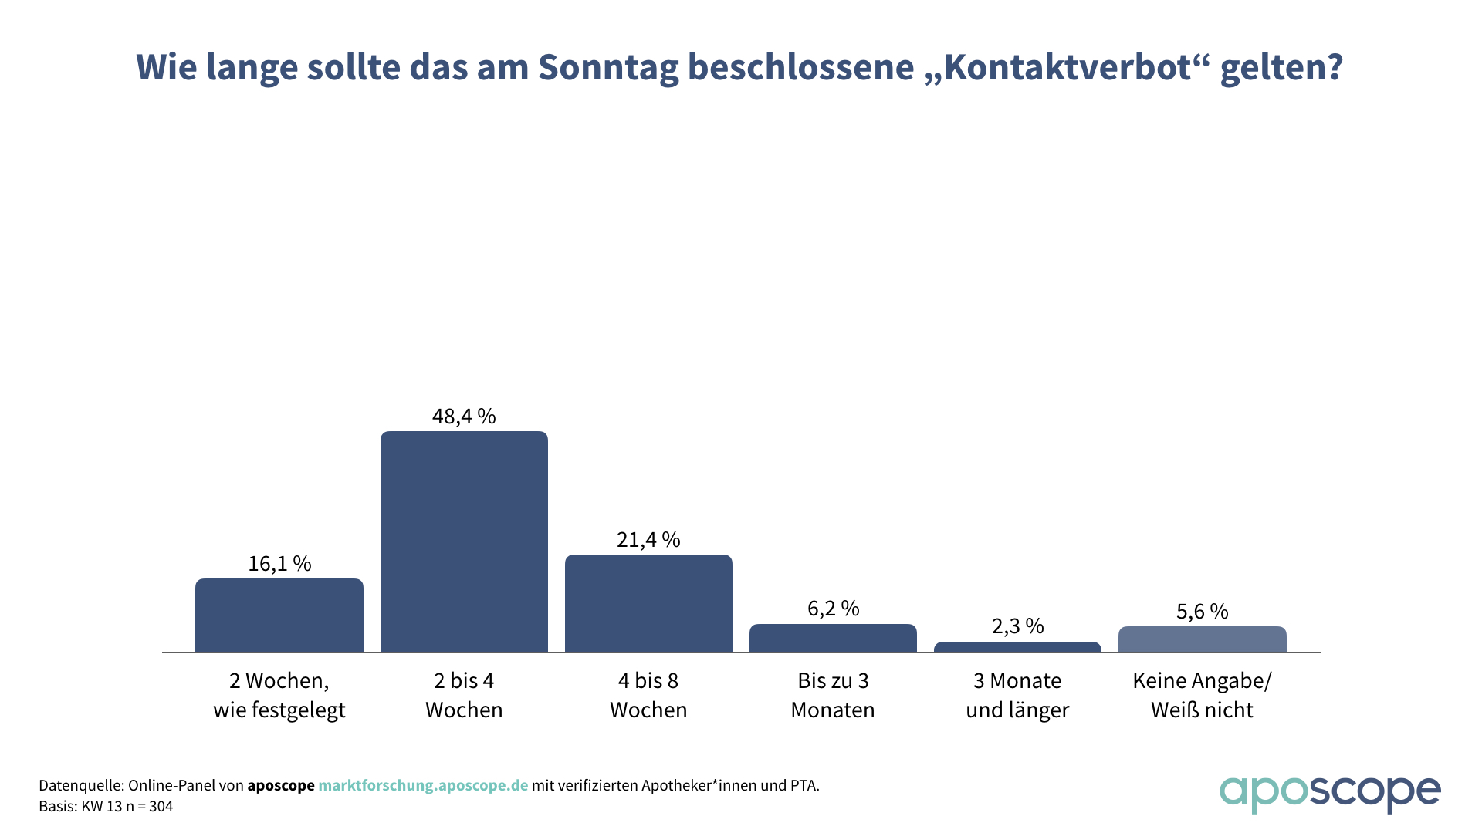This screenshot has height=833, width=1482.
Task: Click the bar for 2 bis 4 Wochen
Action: pos(464,541)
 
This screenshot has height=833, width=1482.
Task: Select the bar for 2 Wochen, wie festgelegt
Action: pos(279,615)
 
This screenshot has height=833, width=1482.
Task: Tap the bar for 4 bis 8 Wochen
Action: pos(648,603)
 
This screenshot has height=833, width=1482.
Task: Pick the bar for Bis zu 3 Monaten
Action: pos(833,638)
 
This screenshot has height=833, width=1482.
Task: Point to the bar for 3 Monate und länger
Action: pos(1017,647)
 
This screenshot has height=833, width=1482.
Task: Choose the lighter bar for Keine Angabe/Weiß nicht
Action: pos(1202,639)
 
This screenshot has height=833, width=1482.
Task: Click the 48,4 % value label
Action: pos(464,416)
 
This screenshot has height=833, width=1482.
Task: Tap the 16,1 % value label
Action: pos(279,564)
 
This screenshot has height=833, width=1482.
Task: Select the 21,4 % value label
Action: pos(648,540)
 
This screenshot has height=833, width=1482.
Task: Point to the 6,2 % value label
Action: pos(833,609)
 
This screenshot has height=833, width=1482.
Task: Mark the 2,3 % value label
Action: pos(1017,626)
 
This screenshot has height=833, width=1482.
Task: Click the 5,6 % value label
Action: pos(1202,612)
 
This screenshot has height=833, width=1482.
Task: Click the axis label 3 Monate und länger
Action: pos(1017,695)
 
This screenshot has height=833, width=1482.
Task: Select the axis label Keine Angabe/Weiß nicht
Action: pos(1202,695)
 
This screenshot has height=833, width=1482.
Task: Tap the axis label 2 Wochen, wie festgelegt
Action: pos(279,695)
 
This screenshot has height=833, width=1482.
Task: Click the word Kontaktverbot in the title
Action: pos(1068,67)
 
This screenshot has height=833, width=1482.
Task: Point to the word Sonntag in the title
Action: pos(608,67)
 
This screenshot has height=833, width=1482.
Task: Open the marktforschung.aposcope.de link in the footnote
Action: pos(423,786)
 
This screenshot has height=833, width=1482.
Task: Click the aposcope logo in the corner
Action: pos(1329,794)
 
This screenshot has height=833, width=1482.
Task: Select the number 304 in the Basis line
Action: pos(161,807)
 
